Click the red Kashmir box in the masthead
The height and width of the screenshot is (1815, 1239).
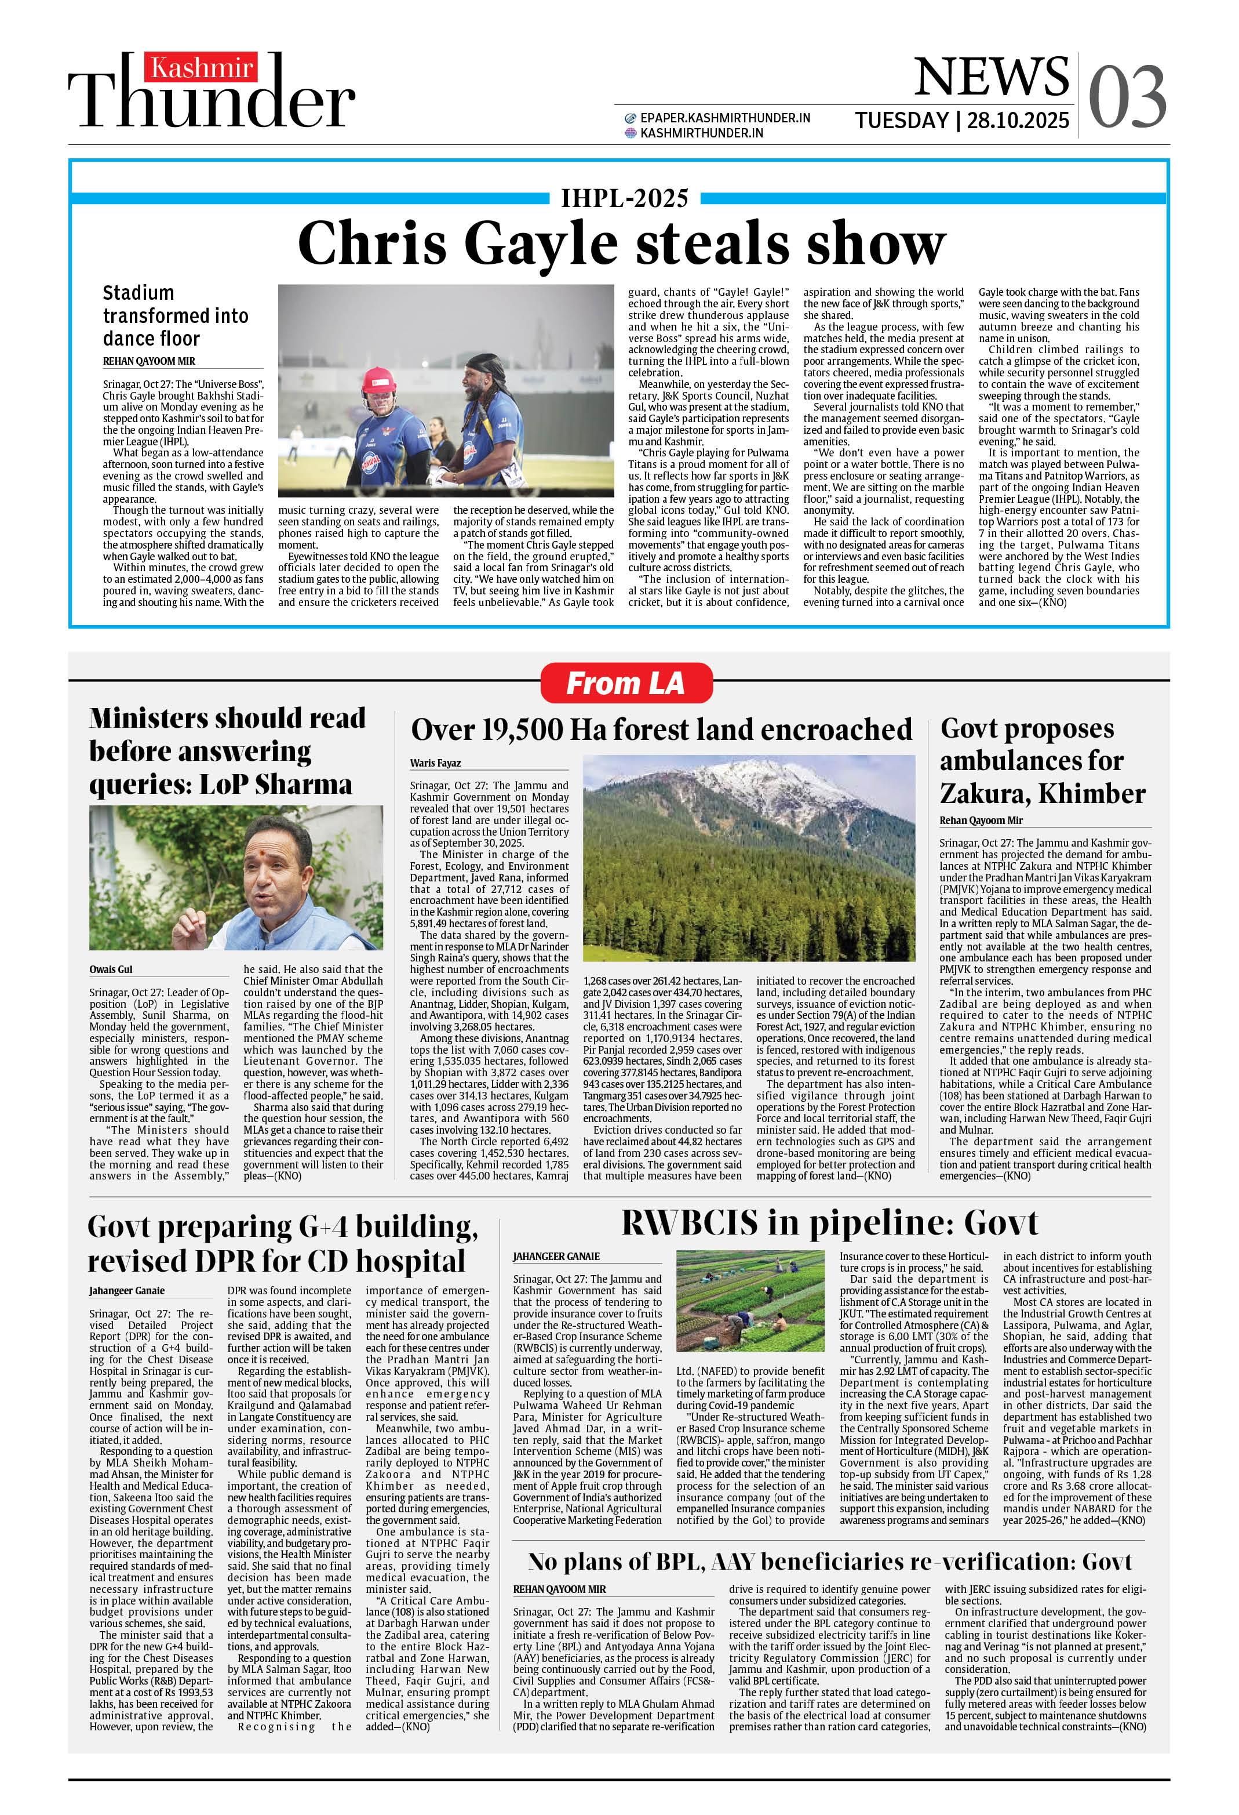(x=201, y=68)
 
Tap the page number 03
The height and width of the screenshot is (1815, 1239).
(x=1127, y=97)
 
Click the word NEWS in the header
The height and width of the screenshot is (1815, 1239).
(x=991, y=77)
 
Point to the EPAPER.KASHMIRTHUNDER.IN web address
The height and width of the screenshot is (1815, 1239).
(x=724, y=118)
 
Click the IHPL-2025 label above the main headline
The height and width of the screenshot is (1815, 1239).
(x=625, y=198)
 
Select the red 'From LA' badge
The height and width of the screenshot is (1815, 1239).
(x=625, y=683)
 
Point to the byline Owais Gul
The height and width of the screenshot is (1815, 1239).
(x=111, y=969)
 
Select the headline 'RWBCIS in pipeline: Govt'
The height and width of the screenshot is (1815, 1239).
(x=829, y=1223)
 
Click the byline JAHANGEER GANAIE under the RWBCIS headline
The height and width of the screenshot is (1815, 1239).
(x=556, y=1257)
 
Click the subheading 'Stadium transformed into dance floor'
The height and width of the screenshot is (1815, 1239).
(x=175, y=315)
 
